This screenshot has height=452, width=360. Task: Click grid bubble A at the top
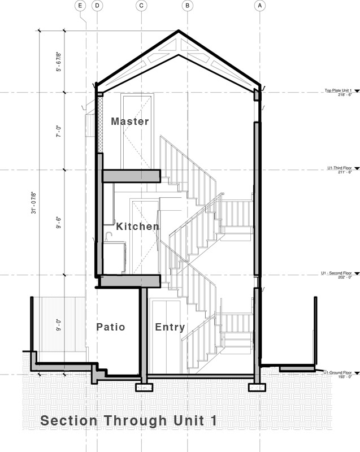(260, 6)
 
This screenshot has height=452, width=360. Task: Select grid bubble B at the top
(188, 6)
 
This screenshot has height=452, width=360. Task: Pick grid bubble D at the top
(97, 6)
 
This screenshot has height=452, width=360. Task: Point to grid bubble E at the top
(80, 6)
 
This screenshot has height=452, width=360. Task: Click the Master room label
(130, 121)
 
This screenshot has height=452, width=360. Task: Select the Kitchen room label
(138, 227)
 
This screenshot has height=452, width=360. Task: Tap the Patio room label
(111, 327)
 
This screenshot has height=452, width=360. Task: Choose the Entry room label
(170, 327)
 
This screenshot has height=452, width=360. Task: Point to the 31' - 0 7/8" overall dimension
(35, 202)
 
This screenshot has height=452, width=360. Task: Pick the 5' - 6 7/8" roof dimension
(58, 60)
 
